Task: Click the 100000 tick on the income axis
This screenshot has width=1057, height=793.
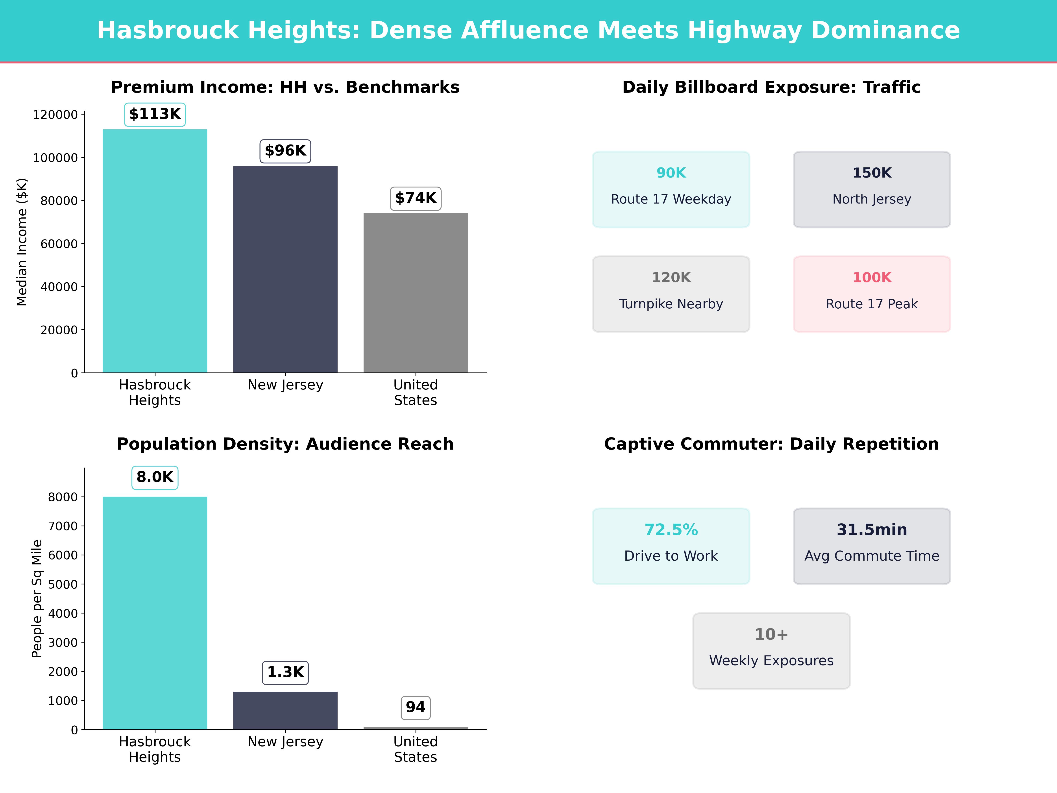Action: [x=55, y=158]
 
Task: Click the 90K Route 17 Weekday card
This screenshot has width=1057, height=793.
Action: [x=671, y=189]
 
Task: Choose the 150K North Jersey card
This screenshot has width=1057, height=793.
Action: [x=872, y=189]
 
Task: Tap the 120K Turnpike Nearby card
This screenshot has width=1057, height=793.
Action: [x=671, y=294]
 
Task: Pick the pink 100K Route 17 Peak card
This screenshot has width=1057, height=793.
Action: [x=872, y=294]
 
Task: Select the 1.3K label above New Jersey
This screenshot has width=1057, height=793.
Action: [x=285, y=673]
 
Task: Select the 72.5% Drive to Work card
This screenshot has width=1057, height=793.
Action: [x=671, y=546]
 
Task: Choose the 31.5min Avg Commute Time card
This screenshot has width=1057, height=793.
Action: [x=872, y=546]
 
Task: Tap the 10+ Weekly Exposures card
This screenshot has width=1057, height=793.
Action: [x=771, y=650]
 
